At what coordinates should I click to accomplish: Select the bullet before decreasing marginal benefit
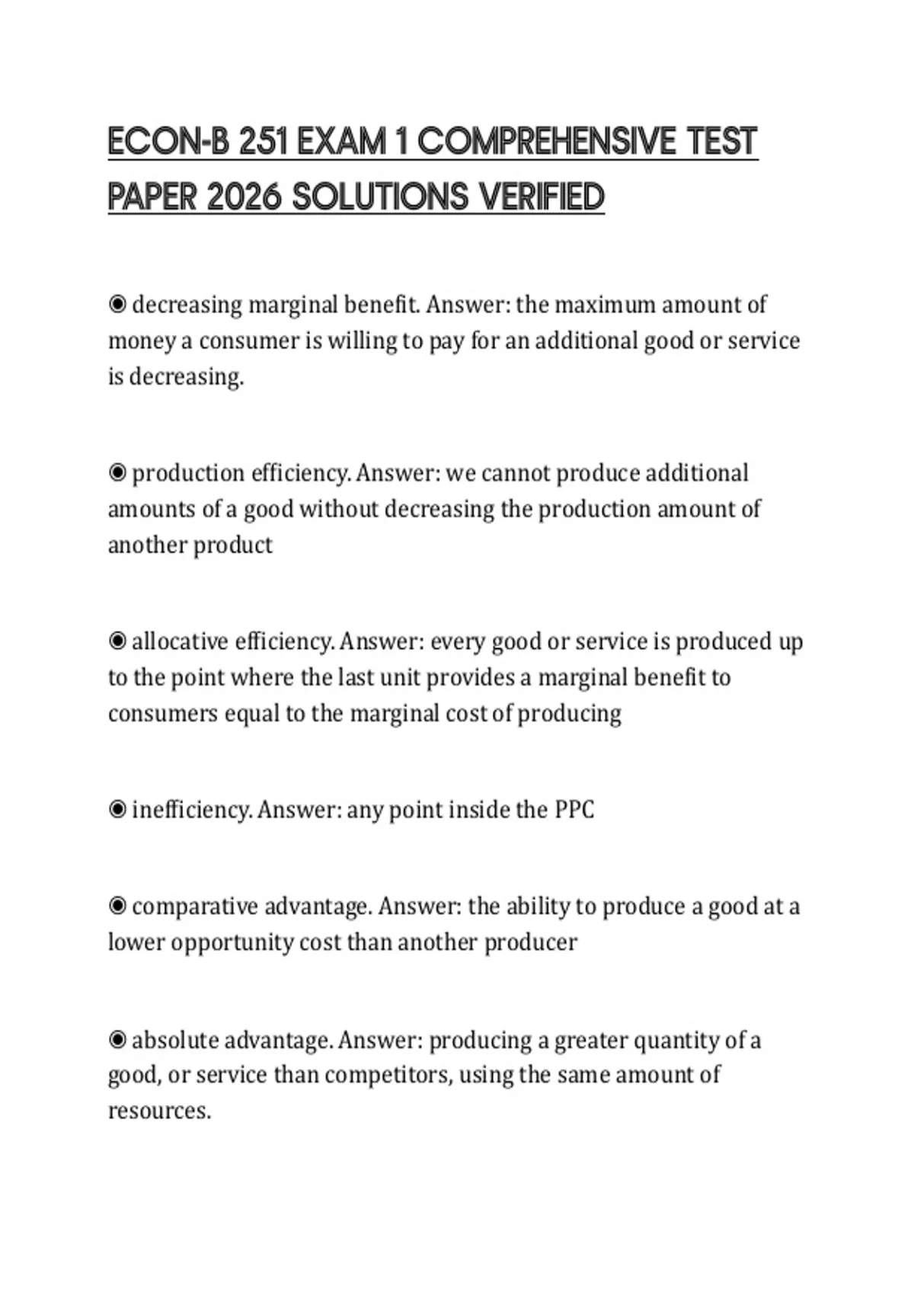(117, 305)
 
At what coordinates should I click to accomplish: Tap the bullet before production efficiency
(117, 473)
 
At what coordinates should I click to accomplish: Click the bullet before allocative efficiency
(117, 641)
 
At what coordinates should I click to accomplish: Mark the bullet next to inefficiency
(117, 809)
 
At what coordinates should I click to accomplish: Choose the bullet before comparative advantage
(117, 906)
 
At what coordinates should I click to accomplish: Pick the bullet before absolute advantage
(117, 1040)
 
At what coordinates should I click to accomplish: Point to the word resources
(158, 1111)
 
